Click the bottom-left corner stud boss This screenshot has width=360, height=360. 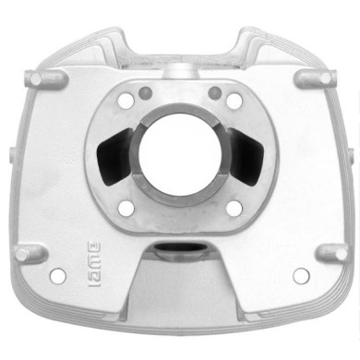(x=30, y=251)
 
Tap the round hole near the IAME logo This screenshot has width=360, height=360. (x=59, y=274)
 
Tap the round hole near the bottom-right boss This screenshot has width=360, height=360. (x=300, y=275)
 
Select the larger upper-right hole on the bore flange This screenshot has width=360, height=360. (x=232, y=102)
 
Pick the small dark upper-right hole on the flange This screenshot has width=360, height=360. (x=214, y=90)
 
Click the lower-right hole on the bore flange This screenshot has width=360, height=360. (x=233, y=205)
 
